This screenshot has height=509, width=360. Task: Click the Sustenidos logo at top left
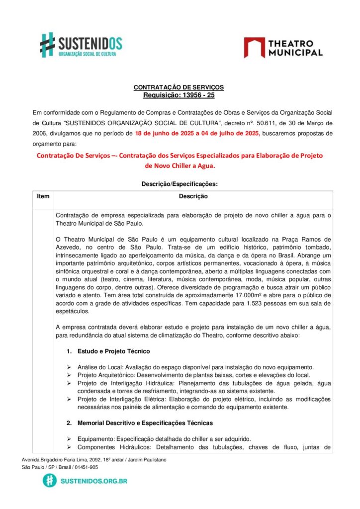81,45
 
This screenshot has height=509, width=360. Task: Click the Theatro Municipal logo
283,48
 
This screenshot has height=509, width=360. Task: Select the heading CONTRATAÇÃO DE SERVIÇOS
179,87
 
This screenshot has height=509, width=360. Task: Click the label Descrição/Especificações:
180,183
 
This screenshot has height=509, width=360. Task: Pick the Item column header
43,196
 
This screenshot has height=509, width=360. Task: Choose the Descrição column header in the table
193,196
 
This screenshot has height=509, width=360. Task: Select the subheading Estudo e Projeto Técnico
113,351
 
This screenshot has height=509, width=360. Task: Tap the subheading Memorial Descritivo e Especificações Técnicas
145,423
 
